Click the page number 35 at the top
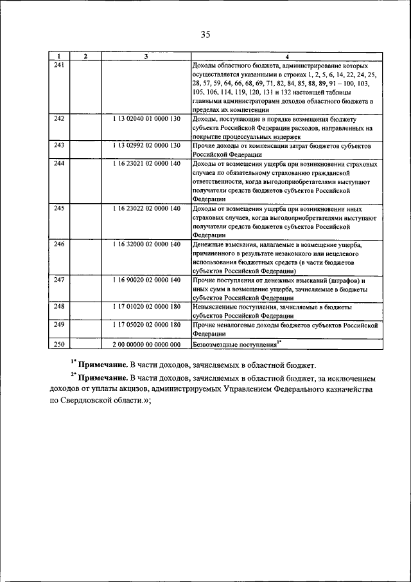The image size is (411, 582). point(205,34)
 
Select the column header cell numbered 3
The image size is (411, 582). point(146,57)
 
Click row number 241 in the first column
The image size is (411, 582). point(59,66)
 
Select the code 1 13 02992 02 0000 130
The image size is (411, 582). point(146,146)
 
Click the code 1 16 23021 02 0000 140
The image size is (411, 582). point(146,164)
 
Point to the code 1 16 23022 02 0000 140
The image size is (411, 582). point(146,209)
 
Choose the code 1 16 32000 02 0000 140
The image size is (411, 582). point(146,245)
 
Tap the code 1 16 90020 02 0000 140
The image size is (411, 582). point(146,281)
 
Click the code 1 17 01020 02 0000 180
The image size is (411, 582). point(146,308)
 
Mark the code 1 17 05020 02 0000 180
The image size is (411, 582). point(146,326)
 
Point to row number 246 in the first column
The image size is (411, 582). point(59,245)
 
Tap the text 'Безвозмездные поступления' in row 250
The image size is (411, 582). point(234,345)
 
